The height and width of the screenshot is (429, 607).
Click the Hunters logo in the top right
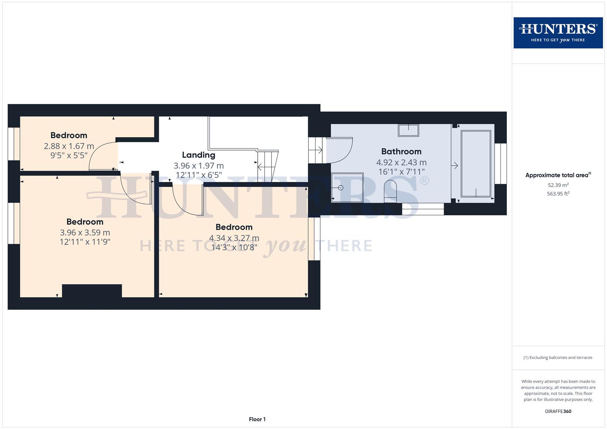tap(558, 33)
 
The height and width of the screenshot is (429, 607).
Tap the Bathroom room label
tap(401, 151)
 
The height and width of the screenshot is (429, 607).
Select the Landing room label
tap(198, 155)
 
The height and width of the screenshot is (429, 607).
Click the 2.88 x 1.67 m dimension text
tap(69, 146)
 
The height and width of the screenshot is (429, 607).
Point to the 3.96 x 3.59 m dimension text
tap(85, 232)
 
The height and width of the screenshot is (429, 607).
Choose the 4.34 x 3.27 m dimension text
tap(234, 238)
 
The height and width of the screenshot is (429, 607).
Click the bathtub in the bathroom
tap(475, 164)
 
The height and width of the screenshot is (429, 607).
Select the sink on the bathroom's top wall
tap(408, 130)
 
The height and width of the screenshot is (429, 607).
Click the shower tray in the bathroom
tap(347, 187)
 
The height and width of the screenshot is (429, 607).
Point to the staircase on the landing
tap(268, 166)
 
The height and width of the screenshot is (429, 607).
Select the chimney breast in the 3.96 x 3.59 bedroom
tap(92, 291)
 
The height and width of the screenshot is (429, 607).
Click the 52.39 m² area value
tap(558, 185)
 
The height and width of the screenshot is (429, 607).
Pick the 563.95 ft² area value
tap(558, 194)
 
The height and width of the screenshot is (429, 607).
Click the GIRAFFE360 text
tap(558, 411)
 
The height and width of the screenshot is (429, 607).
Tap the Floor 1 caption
tap(257, 419)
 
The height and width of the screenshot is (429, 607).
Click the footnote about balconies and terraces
tap(558, 357)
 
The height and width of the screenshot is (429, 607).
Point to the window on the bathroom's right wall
tap(501, 164)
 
